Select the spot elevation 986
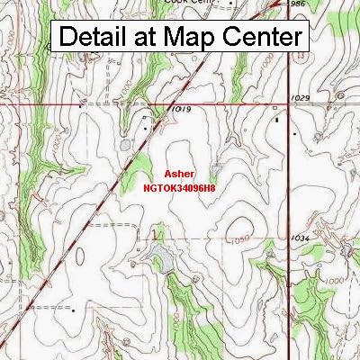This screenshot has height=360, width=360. coord(299,4)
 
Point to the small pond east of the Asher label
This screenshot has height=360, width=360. coord(216,170)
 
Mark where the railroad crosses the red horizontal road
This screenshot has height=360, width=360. coord(166,105)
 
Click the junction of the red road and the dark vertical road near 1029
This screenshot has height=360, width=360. coord(290,104)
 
